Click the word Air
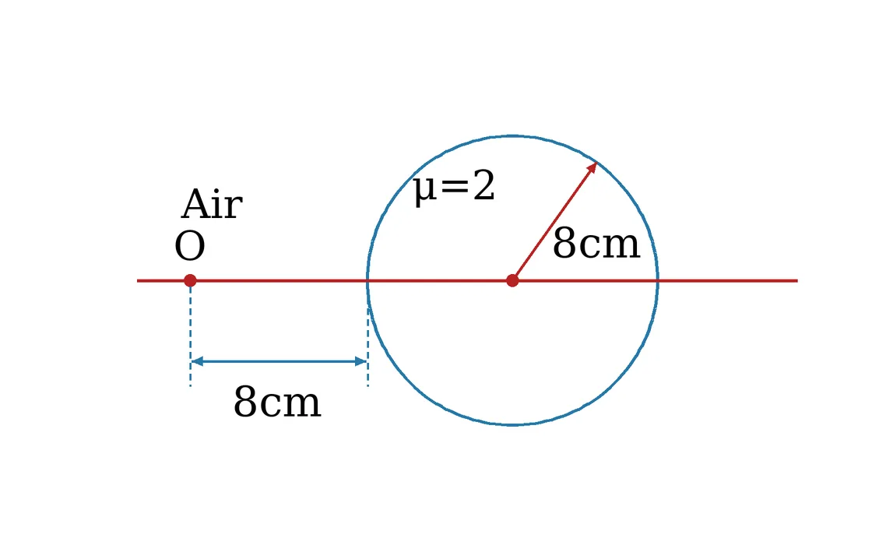212,204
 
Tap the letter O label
190,246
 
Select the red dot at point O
190,280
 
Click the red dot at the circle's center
513,281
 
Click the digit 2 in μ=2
483,186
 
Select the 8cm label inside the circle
596,244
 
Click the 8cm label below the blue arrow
277,402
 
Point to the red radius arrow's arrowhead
592,167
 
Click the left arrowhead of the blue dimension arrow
197,361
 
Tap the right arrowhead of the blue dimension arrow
361,361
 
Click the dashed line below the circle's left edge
367,347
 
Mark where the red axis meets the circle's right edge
658,281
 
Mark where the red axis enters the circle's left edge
367,281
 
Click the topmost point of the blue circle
513,135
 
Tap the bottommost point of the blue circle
513,425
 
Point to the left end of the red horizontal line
137,281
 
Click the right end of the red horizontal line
798,281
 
